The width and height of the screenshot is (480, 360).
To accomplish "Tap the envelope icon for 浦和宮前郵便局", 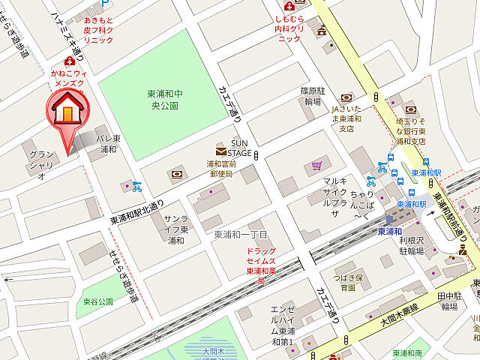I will pyautogui.click(x=221, y=151).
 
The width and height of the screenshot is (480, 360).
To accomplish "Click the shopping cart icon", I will pyautogui.click(x=318, y=165).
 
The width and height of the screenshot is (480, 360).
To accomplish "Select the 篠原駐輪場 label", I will pyautogui.click(x=310, y=95).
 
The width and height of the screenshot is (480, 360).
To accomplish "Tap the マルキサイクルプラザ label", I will pyautogui.click(x=334, y=197).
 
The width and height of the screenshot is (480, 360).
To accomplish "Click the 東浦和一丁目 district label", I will pyautogui.click(x=241, y=235).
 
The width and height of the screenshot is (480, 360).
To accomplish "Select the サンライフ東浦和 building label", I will pyautogui.click(x=176, y=229).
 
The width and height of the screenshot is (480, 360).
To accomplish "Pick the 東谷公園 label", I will pyautogui.click(x=98, y=301).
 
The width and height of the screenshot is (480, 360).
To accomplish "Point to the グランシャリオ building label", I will pyautogui.click(x=41, y=165).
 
